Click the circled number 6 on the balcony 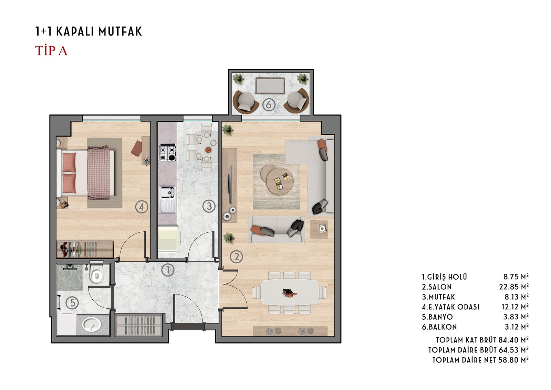pos(268,105)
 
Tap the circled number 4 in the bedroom pos(142,207)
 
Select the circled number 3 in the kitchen pos(209,206)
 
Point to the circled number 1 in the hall pos(168,270)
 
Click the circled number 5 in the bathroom pos(73,303)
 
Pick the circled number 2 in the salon pos(236,257)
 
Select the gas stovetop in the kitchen pos(167,153)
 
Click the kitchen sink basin pos(167,192)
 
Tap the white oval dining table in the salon pos(290,292)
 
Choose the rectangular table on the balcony pos(270,86)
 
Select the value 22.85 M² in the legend pos(515,287)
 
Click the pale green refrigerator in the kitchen pos(169,239)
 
